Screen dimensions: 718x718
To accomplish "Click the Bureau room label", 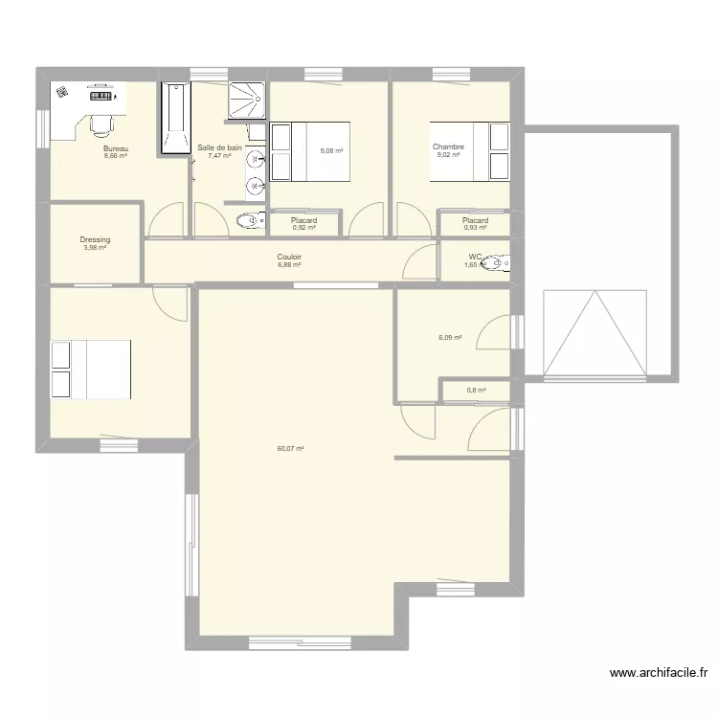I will pos(116,148).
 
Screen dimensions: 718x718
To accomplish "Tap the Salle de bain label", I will pos(219,147).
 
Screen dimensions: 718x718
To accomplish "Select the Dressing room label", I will pos(95,240).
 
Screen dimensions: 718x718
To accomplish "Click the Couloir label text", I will pos(290,257).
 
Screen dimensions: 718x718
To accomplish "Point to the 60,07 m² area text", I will pos(290,448).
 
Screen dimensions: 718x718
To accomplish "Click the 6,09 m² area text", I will pos(450,337).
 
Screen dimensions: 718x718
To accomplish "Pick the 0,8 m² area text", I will pos(476,390).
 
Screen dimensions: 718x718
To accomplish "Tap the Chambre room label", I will pos(448,147).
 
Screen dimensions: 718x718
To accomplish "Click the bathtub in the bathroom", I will pos(175,118).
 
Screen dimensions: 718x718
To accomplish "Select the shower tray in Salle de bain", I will pos(247,101).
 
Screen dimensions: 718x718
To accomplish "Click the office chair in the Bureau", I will pos(101,125).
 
